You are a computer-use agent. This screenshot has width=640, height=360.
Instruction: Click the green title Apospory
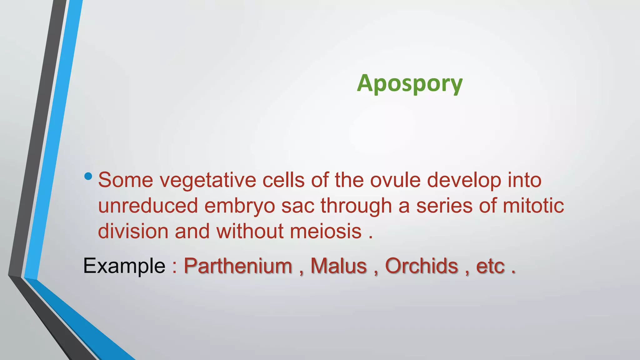409,83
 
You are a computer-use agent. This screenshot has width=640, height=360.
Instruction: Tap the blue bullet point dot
88,176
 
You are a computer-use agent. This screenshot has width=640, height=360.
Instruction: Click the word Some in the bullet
126,180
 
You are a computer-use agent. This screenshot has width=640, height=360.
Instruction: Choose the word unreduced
148,206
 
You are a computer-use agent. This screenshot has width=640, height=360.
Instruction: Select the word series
444,206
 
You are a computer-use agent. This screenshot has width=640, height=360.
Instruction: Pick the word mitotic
533,206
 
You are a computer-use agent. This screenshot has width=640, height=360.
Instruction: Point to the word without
250,232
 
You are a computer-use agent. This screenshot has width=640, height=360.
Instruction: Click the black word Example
124,266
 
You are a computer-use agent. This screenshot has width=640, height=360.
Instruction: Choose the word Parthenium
238,266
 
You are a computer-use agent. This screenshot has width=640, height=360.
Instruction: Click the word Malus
338,266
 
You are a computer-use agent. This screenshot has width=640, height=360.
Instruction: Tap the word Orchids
421,266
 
